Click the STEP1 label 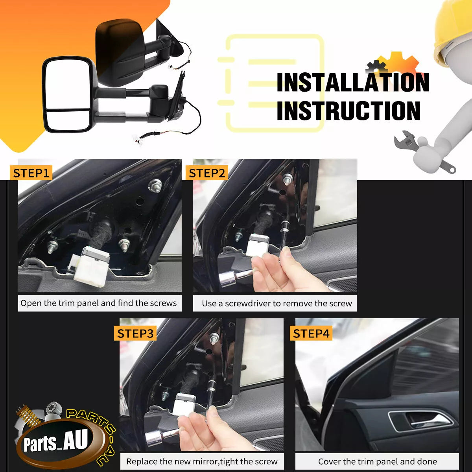pyautogui.click(x=31, y=173)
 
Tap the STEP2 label pyautogui.click(x=207, y=173)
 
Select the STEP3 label pyautogui.click(x=135, y=334)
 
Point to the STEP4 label pyautogui.click(x=311, y=334)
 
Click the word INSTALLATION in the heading pyautogui.click(x=353, y=82)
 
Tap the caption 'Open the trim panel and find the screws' pyautogui.click(x=98, y=303)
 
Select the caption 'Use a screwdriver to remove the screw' pyautogui.click(x=277, y=304)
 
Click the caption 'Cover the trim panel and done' pyautogui.click(x=378, y=461)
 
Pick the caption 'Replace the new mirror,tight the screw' pyautogui.click(x=202, y=461)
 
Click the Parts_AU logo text pyautogui.click(x=55, y=441)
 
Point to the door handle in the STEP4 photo pyautogui.click(x=422, y=421)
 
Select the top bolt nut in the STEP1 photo pyautogui.click(x=155, y=185)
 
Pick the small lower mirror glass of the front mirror pyautogui.click(x=68, y=121)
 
